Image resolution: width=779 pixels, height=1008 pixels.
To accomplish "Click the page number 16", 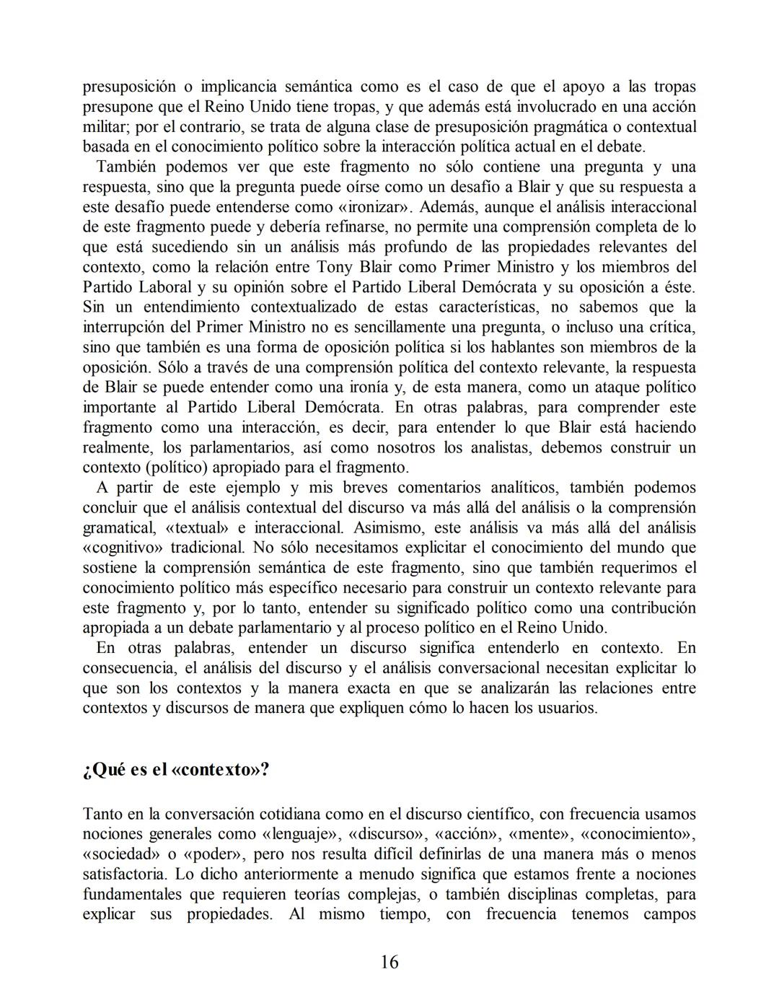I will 389,963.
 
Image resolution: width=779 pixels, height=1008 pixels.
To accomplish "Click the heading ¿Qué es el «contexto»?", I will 176,769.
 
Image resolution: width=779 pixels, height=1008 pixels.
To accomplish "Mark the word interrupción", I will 125,327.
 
